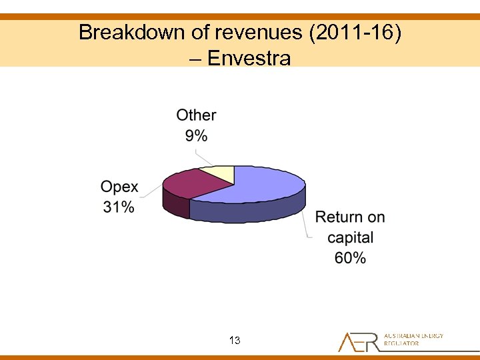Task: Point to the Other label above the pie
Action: coord(196,115)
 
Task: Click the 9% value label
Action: coord(196,135)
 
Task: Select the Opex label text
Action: coord(119,187)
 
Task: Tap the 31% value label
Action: coord(119,207)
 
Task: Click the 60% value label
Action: coord(350,258)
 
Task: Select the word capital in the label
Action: coord(350,237)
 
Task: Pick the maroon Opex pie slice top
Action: coord(187,183)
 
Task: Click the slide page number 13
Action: coord(234,341)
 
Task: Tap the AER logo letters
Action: coord(359,342)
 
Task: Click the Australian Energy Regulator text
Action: coord(413,339)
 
